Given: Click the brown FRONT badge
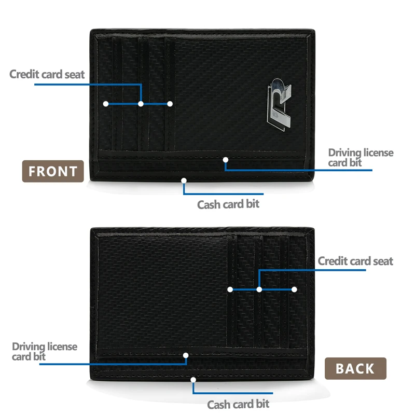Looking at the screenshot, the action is [52, 171].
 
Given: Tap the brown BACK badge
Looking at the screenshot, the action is [355, 368].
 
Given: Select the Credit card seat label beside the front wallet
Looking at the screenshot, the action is [47, 74].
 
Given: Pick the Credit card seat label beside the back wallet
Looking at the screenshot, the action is [355, 261].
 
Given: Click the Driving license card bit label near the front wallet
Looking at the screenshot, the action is [361, 158].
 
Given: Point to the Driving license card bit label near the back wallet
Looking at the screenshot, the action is [45, 351].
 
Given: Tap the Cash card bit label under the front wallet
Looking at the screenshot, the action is [228, 204].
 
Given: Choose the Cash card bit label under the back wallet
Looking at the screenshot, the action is [238, 404].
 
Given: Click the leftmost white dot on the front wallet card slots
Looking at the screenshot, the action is [106, 104].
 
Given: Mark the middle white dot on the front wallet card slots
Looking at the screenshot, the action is [141, 104].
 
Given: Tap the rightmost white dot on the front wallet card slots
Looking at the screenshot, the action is [170, 104].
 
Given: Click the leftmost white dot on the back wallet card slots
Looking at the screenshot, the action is [230, 289].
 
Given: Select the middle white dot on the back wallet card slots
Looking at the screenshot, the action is [259, 289].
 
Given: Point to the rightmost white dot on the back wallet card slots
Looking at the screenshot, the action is [294, 289].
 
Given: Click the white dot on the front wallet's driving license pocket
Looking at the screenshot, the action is [225, 159].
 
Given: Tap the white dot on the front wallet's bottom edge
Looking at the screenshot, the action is [184, 181].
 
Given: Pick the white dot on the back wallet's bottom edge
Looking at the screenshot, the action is [193, 379].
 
